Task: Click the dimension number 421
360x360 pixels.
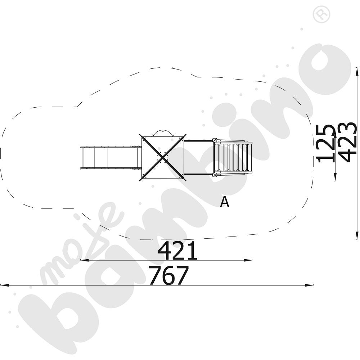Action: click(177, 250)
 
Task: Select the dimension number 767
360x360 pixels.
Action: click(169, 275)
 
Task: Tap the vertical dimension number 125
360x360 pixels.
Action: click(325, 144)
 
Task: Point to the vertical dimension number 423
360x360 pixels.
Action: click(348, 142)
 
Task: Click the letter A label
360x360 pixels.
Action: click(225, 202)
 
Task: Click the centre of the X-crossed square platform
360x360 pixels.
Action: click(163, 157)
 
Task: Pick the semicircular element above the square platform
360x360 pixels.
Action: click(163, 133)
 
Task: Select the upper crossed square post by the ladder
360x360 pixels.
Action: click(215, 140)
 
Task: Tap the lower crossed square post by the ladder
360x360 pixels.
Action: click(215, 175)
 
